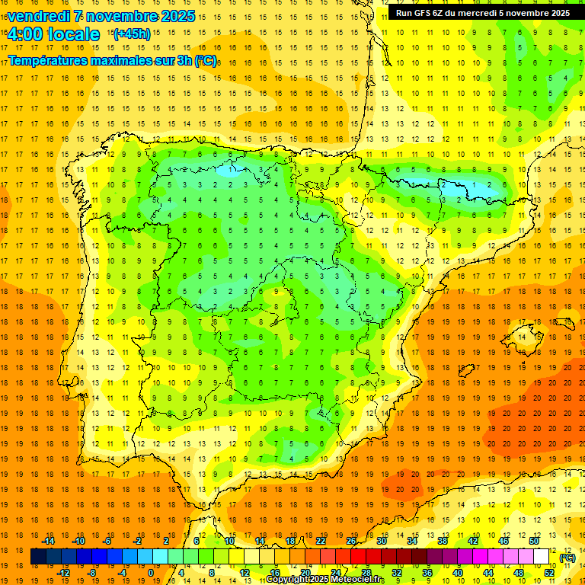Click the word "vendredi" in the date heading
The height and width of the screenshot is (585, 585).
point(37,16)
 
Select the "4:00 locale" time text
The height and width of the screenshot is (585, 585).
point(53,34)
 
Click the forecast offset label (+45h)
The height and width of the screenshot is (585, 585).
point(132,34)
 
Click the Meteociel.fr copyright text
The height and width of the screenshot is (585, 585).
point(325,580)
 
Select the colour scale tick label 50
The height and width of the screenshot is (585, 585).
point(533,541)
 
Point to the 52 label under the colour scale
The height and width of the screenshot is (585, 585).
point(548,573)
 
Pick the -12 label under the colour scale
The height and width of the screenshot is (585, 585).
point(63,573)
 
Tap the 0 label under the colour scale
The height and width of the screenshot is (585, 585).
point(151,573)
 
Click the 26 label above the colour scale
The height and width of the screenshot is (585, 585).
point(351,541)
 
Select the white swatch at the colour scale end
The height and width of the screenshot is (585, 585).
point(542,557)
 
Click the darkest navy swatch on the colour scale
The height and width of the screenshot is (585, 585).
point(38,557)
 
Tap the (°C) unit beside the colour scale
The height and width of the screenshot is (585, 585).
point(567,558)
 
